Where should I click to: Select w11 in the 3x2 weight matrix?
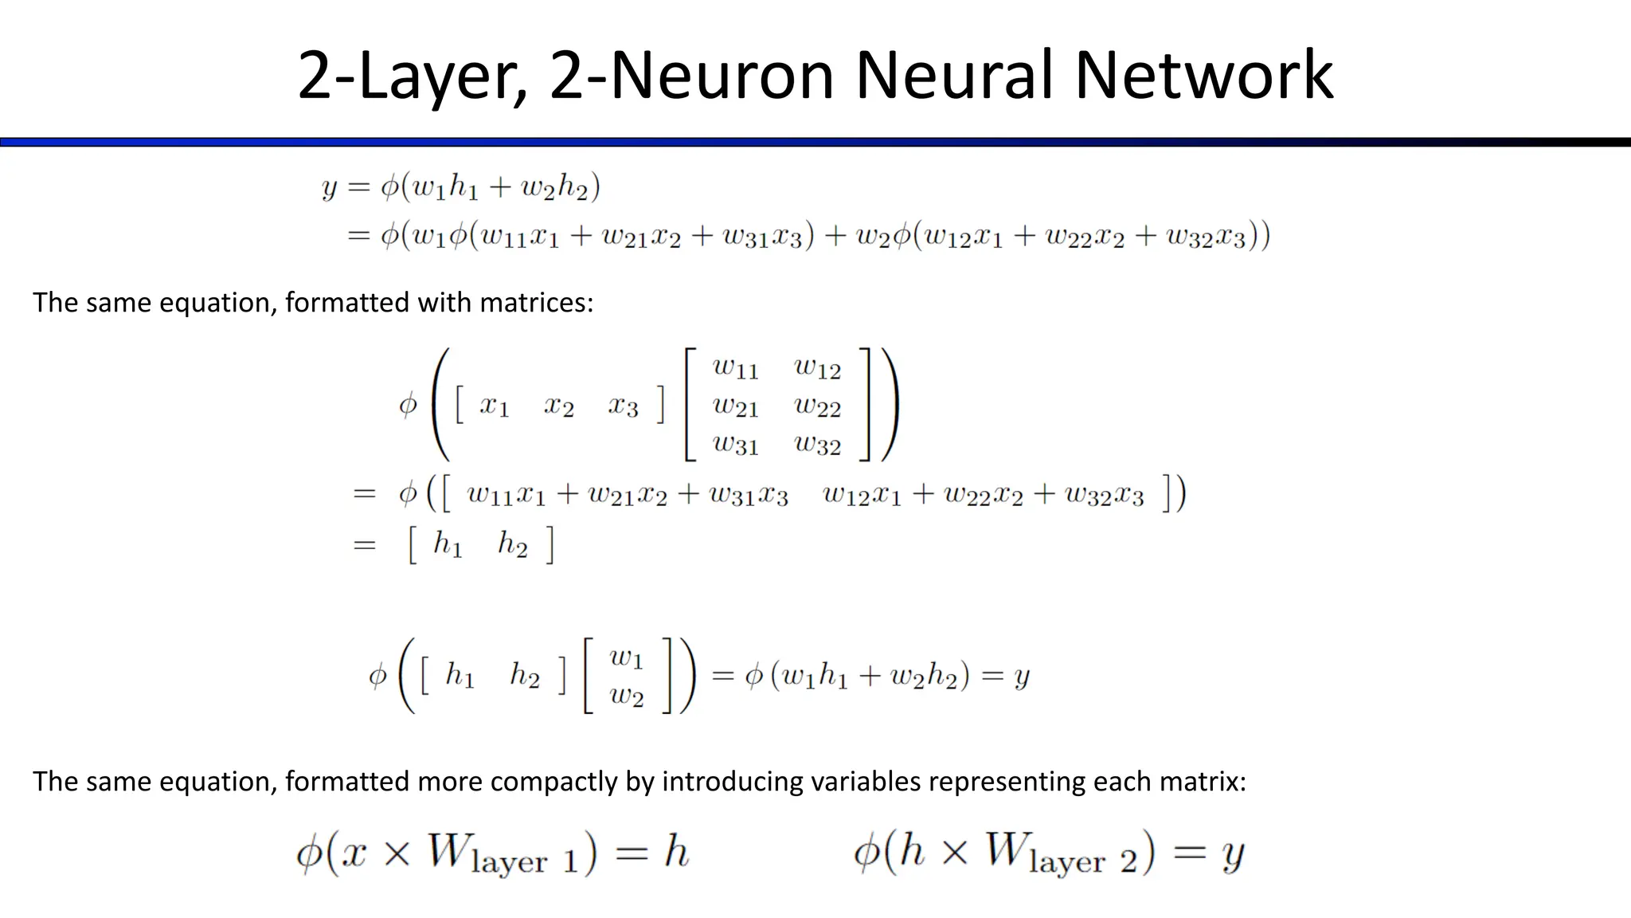pos(735,367)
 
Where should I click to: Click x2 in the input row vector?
pos(558,406)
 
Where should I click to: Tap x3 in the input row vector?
pos(623,406)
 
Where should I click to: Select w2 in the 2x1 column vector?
pos(626,695)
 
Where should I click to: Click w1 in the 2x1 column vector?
pos(626,657)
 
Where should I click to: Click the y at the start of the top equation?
pos(329,188)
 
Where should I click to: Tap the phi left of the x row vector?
pos(408,405)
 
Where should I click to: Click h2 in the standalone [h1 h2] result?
pos(512,544)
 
